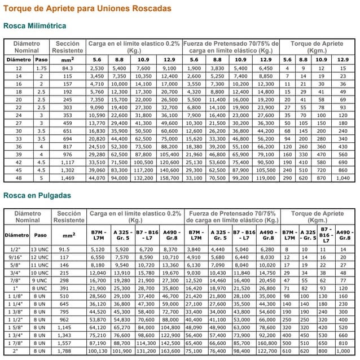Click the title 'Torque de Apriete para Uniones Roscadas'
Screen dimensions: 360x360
[x=87, y=10]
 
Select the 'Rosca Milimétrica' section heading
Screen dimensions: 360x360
[x=34, y=26]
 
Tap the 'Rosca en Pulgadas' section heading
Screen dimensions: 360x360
[x=37, y=196]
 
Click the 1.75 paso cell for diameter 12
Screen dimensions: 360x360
[x=41, y=68]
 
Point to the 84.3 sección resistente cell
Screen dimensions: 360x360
[x=68, y=68]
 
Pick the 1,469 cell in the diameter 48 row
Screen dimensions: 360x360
[x=68, y=178]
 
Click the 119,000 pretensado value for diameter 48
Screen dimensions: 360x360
[x=265, y=178]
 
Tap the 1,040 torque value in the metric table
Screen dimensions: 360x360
[x=343, y=178]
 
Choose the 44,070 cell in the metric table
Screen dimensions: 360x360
[x=97, y=178]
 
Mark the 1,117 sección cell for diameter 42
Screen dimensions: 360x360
[x=68, y=162]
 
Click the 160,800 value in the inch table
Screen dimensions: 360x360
[x=267, y=342]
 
